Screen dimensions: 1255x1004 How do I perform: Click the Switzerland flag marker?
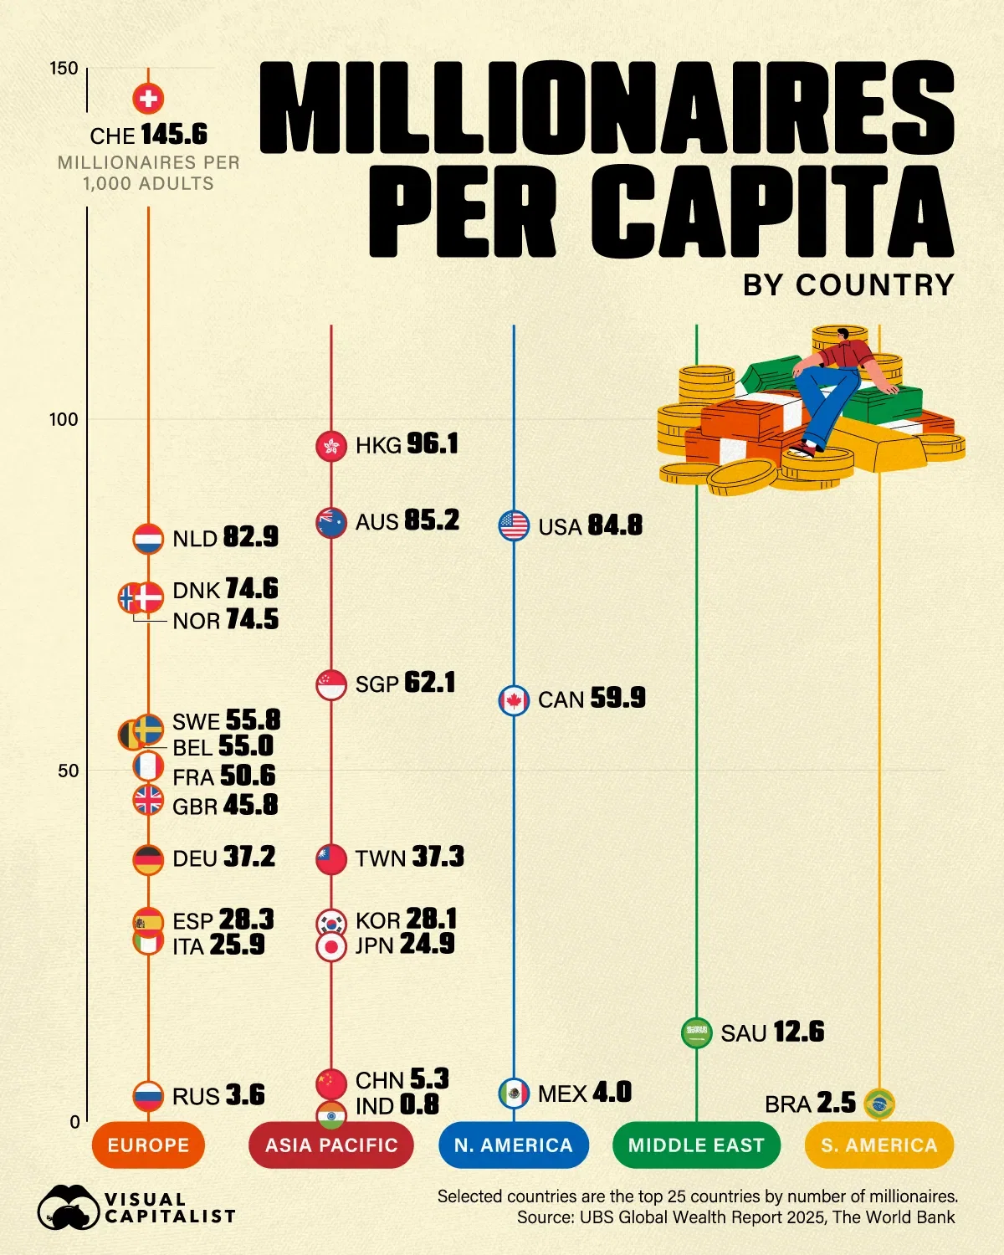tap(148, 99)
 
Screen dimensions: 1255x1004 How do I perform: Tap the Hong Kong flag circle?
tap(331, 446)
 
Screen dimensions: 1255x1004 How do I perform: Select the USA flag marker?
tap(514, 525)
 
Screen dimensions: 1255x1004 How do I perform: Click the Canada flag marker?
tap(514, 700)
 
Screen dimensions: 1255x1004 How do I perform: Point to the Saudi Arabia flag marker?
tap(696, 1032)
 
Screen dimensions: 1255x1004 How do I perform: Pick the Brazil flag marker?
tap(878, 1104)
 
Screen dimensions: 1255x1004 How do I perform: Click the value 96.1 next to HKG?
tap(433, 443)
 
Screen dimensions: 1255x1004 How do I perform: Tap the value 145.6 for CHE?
tap(174, 135)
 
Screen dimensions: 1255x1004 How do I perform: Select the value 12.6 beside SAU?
tap(798, 1032)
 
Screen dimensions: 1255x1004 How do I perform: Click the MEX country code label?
tap(562, 1094)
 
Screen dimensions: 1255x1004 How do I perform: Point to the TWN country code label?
tap(381, 858)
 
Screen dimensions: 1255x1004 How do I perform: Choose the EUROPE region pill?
tap(148, 1145)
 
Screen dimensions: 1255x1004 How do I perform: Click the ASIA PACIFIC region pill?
tap(331, 1145)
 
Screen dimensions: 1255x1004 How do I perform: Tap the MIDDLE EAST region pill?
tap(696, 1145)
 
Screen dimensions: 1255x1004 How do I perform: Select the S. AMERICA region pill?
tap(878, 1145)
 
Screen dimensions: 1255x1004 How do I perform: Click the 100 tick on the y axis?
tap(63, 419)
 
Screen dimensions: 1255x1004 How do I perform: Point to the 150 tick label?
tap(63, 69)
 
